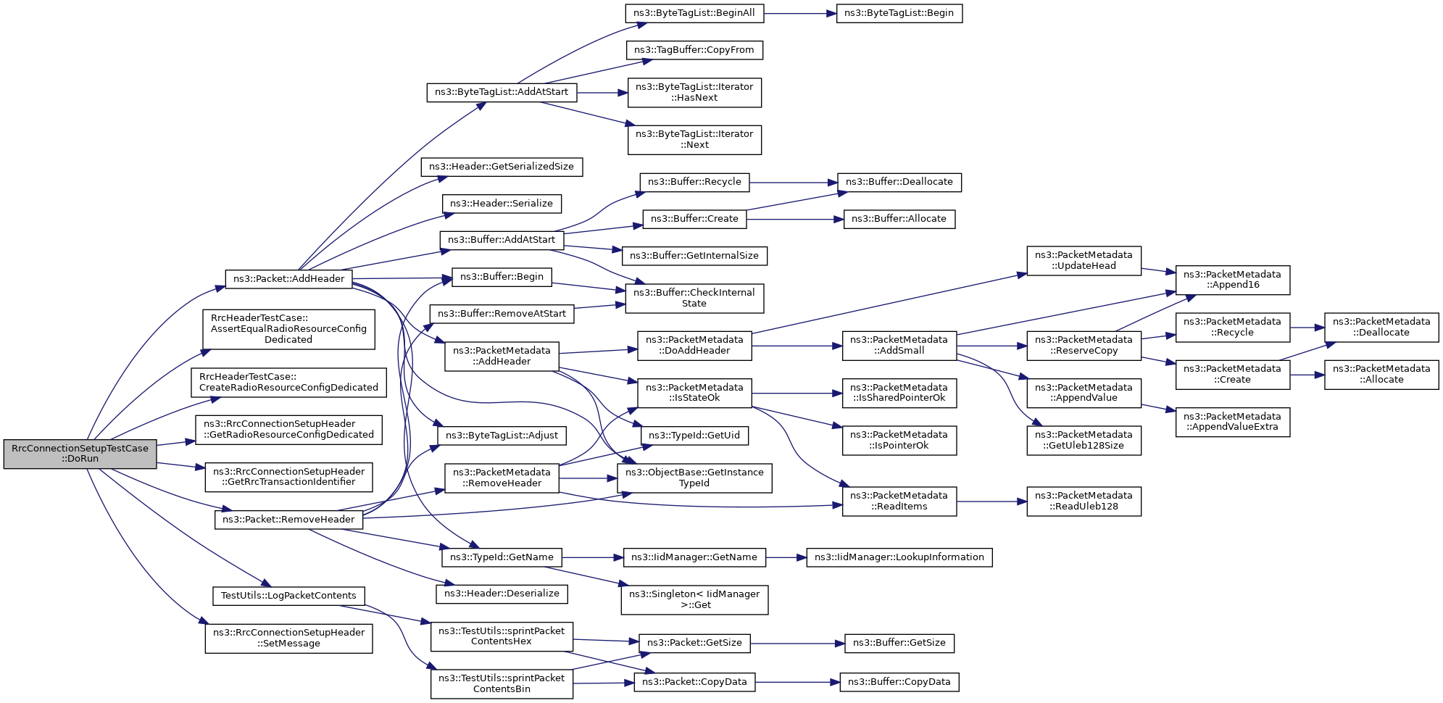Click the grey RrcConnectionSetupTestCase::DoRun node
[x=80, y=454]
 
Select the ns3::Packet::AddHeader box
[x=288, y=279]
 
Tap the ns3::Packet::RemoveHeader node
[x=288, y=520]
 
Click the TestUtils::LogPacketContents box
[x=288, y=596]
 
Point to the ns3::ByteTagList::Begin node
[x=899, y=13]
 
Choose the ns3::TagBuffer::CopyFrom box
[x=694, y=50]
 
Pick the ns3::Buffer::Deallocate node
[x=899, y=182]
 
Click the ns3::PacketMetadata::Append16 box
[x=1233, y=280]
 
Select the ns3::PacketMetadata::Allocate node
[x=1381, y=374]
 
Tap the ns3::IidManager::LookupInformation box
[x=899, y=557]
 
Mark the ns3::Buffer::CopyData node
[x=899, y=682]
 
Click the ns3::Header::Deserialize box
[x=502, y=594]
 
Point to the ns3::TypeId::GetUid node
[x=694, y=436]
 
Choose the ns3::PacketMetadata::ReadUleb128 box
[x=1084, y=501]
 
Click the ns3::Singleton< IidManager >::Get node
[x=694, y=599]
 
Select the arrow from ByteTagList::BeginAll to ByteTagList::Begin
[x=800, y=13]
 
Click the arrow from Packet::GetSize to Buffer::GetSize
[x=798, y=644]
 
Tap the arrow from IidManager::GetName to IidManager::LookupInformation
[x=786, y=557]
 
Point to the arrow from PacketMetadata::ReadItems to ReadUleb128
[x=991, y=501]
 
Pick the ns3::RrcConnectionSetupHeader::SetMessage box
[x=288, y=638]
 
